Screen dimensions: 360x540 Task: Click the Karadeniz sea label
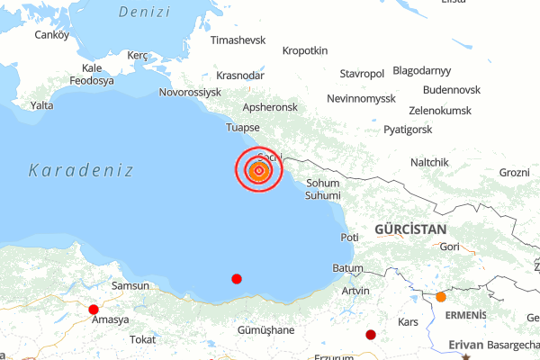coord(81,170)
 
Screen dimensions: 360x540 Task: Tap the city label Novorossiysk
coord(189,92)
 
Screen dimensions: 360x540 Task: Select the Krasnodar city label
coord(240,76)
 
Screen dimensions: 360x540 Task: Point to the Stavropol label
coord(362,73)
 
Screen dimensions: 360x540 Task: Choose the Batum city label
coord(347,268)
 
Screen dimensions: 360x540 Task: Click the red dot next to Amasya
coord(94,310)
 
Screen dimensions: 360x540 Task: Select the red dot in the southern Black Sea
coord(237,279)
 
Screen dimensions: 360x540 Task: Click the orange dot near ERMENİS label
coord(441,297)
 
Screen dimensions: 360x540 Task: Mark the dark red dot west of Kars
coord(371,335)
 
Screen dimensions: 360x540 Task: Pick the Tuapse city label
coord(243,127)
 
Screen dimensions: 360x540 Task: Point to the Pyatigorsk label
coord(408,130)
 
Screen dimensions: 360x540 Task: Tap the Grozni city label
coord(515,172)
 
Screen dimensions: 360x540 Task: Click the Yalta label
coord(42,105)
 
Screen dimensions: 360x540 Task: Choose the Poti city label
coord(349,237)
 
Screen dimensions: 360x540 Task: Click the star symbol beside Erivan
coord(466,357)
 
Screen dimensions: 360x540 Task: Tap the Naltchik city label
coord(429,162)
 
